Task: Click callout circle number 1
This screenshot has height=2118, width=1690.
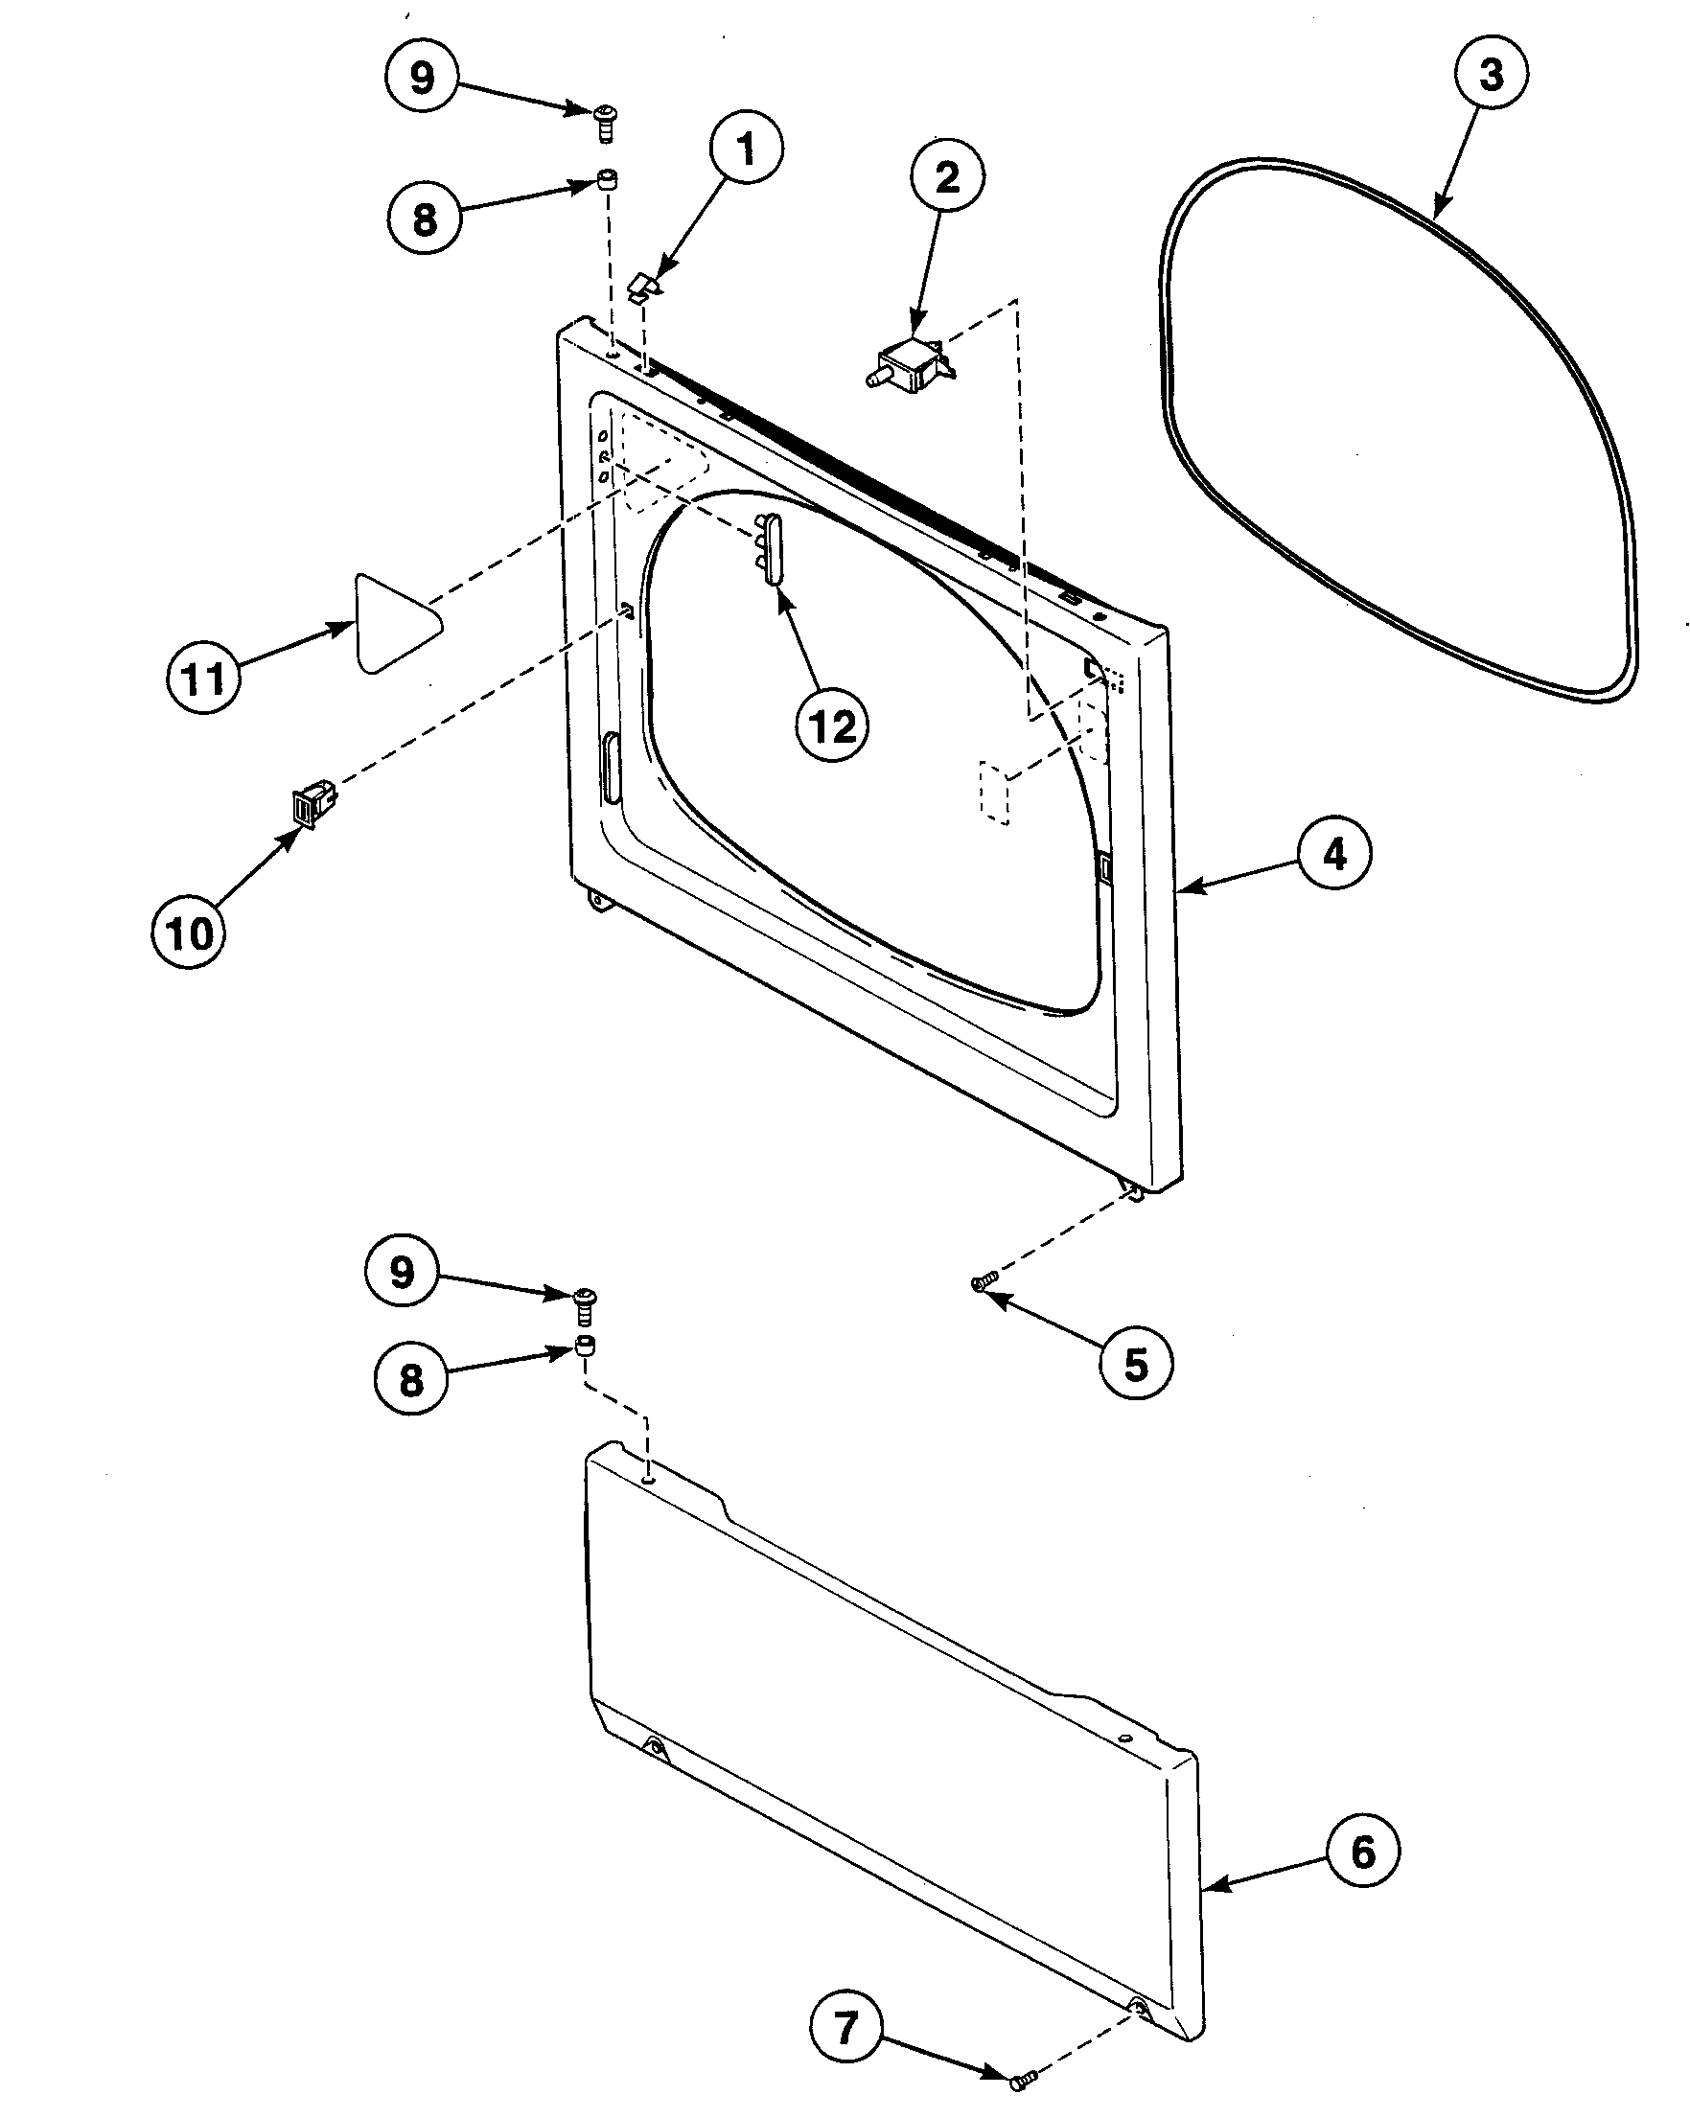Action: click(746, 150)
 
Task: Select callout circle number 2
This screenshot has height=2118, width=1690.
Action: click(947, 178)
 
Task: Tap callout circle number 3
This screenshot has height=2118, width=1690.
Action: click(1491, 74)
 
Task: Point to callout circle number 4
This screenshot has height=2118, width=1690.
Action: click(1334, 855)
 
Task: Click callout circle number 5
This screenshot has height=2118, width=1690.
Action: click(1136, 1364)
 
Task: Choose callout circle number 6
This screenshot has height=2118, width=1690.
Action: click(1363, 1852)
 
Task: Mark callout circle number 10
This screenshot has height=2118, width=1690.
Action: click(190, 932)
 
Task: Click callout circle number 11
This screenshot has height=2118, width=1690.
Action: click(203, 678)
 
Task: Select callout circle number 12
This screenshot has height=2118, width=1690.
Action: click(832, 727)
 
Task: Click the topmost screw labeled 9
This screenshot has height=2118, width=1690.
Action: click(605, 124)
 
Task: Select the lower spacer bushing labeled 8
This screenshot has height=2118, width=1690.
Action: click(586, 1347)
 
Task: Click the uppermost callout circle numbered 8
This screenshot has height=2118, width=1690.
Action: click(424, 219)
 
